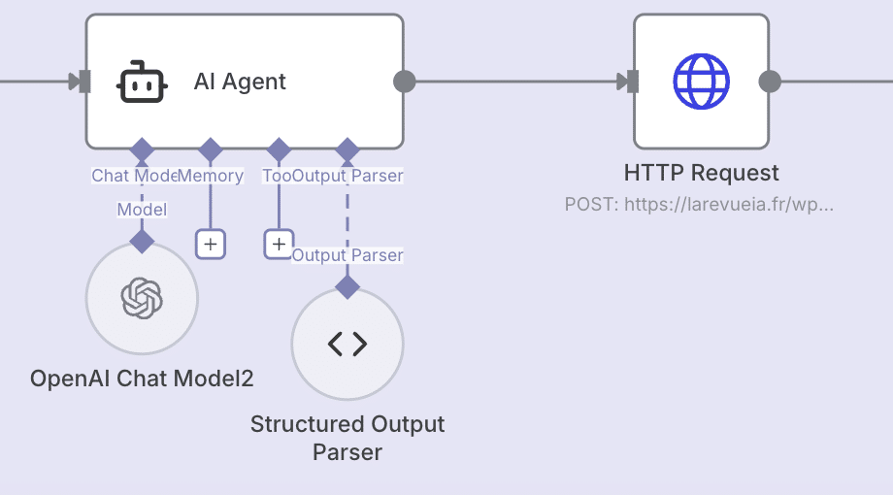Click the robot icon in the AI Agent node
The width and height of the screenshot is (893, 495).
point(143,82)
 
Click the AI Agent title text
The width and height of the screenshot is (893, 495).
point(240,82)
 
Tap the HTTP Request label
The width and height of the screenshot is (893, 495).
point(701,174)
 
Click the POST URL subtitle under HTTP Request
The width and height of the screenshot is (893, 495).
point(699,205)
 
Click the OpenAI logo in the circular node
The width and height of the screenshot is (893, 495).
point(142,298)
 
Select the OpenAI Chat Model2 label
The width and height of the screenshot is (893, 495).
point(142,379)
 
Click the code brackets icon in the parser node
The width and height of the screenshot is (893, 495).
point(347,344)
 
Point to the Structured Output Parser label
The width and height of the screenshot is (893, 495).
point(347,438)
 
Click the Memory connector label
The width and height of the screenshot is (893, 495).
point(211,176)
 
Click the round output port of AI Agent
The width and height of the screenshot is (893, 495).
point(405,82)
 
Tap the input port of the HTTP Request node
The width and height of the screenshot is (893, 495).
point(632,82)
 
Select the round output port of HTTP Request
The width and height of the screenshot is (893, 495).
point(770,82)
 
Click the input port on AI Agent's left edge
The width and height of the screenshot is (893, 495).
point(83,82)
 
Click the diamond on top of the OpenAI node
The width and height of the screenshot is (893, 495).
point(142,242)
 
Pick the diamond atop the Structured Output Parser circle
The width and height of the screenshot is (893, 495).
point(347,286)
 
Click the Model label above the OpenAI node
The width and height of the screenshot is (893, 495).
point(142,210)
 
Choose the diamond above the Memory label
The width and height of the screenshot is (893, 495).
point(211,149)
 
